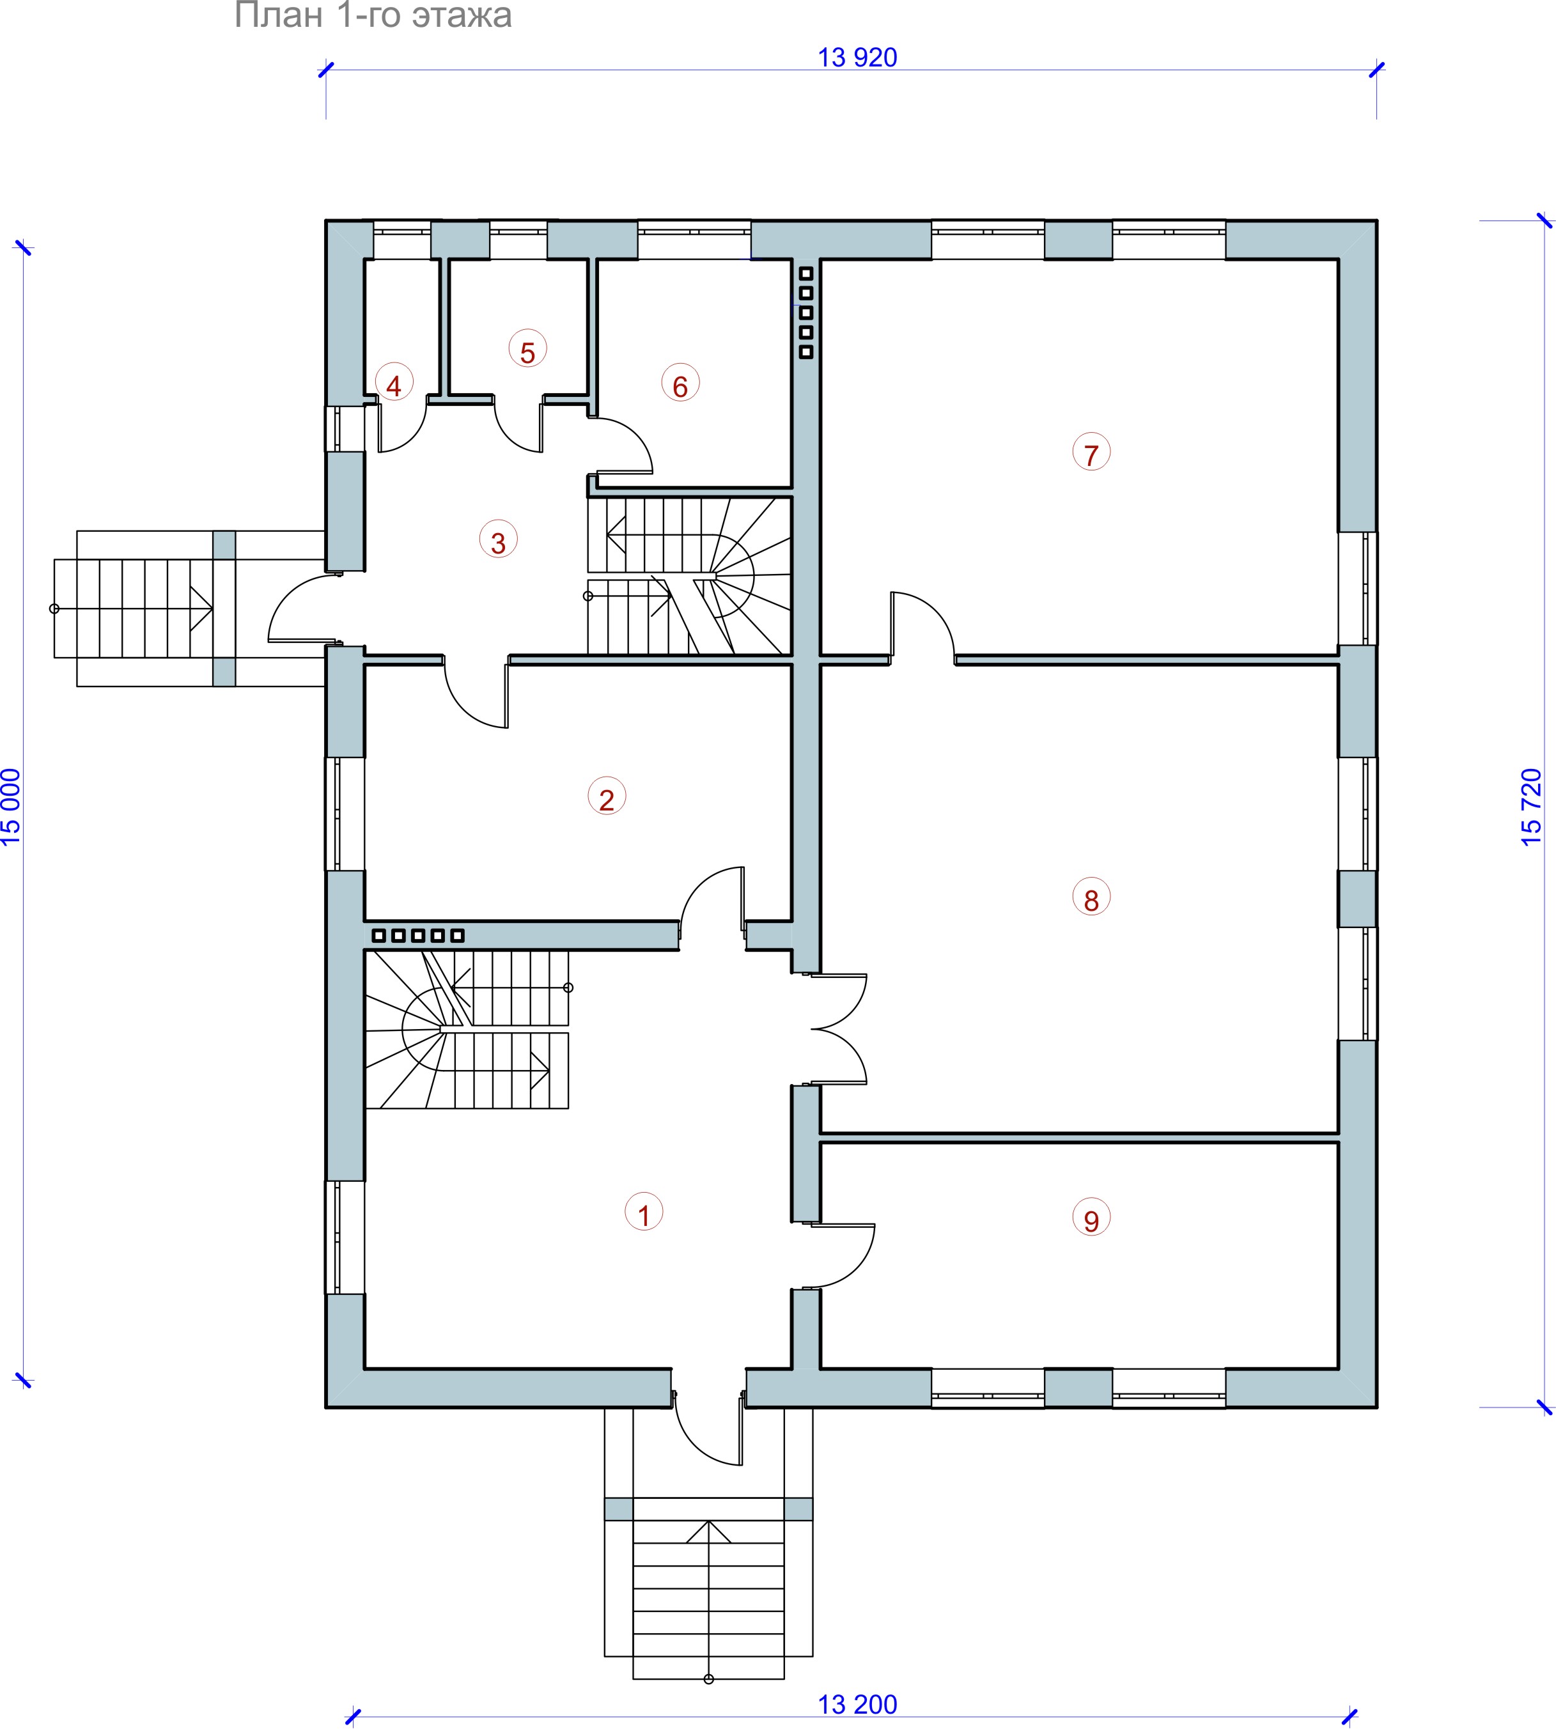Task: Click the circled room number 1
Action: coord(644,1212)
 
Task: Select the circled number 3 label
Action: coord(499,539)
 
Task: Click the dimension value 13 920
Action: coord(857,58)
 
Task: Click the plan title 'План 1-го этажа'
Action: coord(373,15)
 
